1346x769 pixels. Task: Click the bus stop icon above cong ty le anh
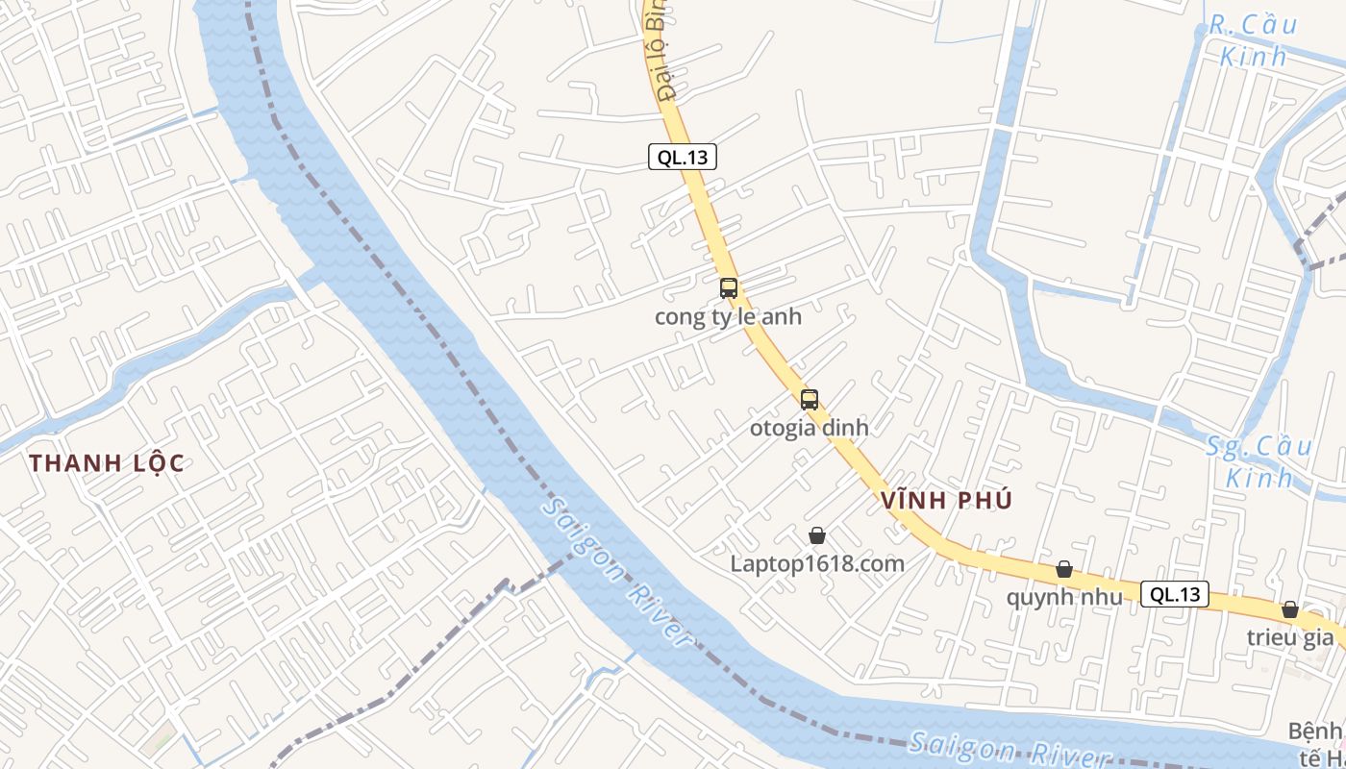(x=729, y=287)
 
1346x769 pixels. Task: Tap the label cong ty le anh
(x=728, y=316)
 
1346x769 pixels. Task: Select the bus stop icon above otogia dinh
(x=810, y=400)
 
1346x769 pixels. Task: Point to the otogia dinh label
(x=809, y=428)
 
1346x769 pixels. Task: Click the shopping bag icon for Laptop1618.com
(x=817, y=535)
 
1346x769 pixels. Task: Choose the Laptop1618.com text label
(x=817, y=563)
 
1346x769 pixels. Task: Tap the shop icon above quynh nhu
(x=1064, y=569)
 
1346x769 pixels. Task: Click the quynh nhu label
(x=1064, y=597)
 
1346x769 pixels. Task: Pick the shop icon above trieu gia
(x=1290, y=609)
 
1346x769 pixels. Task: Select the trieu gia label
(x=1290, y=636)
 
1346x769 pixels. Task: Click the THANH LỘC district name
(x=106, y=462)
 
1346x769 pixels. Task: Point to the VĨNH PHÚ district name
(x=946, y=500)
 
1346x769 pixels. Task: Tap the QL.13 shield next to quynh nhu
(x=1176, y=594)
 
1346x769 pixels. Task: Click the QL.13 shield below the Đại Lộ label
(x=683, y=157)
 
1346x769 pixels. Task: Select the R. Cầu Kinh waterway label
(x=1248, y=40)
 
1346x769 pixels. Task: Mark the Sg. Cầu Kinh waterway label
(x=1259, y=461)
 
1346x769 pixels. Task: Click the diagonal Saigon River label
(x=616, y=571)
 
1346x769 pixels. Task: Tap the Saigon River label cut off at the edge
(x=1009, y=751)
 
